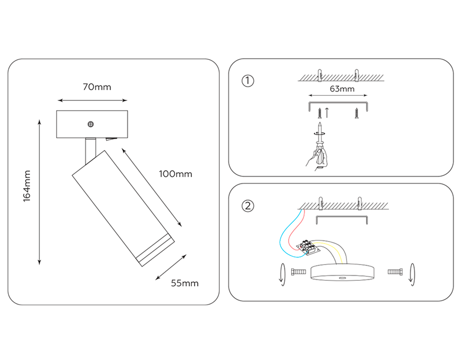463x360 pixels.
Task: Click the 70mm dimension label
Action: tap(97, 87)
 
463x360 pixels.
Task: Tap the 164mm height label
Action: tap(27, 186)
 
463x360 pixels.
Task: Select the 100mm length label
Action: tap(175, 174)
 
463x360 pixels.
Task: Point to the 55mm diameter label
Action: tap(185, 283)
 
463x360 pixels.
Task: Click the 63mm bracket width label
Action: tap(342, 89)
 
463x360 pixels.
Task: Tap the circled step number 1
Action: tap(248, 81)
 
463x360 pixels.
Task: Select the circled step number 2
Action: tap(248, 206)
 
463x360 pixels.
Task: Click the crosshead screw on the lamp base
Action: tap(91, 124)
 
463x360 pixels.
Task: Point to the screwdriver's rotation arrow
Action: tap(320, 133)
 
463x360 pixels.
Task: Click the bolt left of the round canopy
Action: tap(298, 272)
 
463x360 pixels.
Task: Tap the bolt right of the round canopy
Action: tap(395, 272)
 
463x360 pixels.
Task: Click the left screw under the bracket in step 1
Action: tap(320, 113)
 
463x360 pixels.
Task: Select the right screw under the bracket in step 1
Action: tap(357, 113)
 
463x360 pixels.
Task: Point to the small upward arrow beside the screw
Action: tap(327, 113)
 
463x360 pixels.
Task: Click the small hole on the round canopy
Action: tap(342, 278)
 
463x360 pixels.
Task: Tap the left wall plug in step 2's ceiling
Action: tap(321, 203)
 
